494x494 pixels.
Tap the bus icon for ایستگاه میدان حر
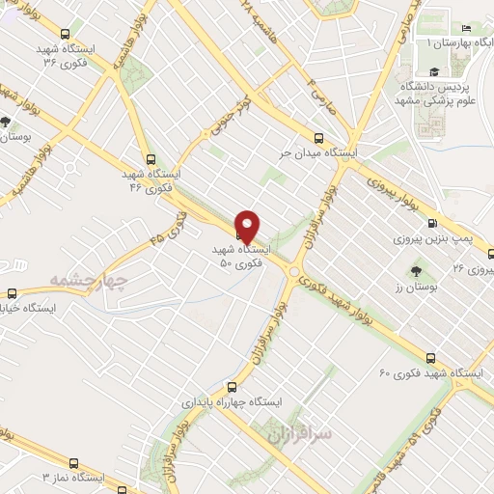click(x=319, y=137)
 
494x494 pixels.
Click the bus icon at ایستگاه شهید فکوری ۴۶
click(x=150, y=159)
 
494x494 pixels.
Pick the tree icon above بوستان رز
click(x=416, y=272)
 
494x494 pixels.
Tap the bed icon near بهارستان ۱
click(x=467, y=28)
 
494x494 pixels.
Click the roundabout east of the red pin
click(x=292, y=272)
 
